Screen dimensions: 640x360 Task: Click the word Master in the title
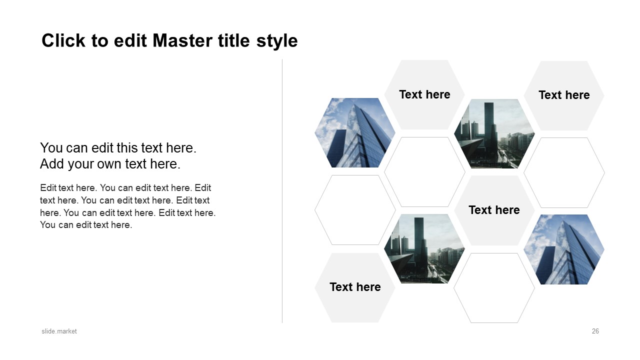click(183, 40)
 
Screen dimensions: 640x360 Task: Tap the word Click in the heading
click(63, 40)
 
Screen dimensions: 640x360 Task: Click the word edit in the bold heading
click(130, 40)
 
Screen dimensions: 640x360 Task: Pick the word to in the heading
click(99, 41)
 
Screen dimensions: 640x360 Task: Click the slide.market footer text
click(59, 331)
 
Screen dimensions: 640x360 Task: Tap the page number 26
click(595, 331)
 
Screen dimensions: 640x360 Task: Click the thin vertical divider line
click(282, 191)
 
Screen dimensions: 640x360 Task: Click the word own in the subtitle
click(109, 164)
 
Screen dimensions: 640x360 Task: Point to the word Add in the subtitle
click(51, 163)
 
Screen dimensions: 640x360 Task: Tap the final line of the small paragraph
click(86, 225)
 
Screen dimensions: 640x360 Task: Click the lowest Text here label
click(355, 287)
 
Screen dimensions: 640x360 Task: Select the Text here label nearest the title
click(424, 94)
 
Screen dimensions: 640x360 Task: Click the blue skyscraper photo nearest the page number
click(564, 249)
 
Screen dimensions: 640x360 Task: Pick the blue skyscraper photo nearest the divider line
click(355, 133)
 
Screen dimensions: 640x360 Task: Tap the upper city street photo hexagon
click(494, 133)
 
